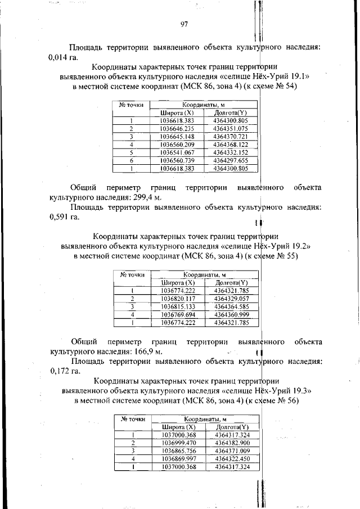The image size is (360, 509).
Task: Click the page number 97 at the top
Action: (183, 24)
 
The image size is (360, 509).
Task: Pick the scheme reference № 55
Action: (287, 256)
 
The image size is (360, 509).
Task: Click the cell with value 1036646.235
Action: (177, 128)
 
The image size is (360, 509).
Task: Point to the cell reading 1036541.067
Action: (177, 152)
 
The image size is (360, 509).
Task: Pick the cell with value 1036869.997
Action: (178, 459)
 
